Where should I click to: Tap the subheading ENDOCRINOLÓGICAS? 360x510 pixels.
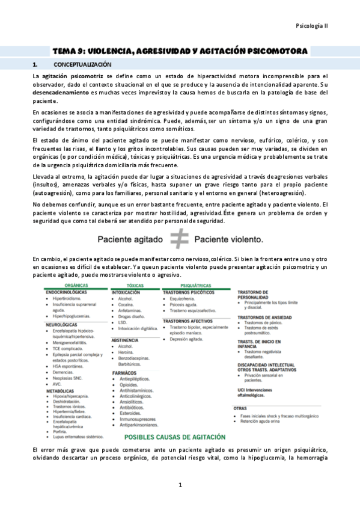click(x=68, y=292)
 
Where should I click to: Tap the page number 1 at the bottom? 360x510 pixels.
click(x=180, y=485)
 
